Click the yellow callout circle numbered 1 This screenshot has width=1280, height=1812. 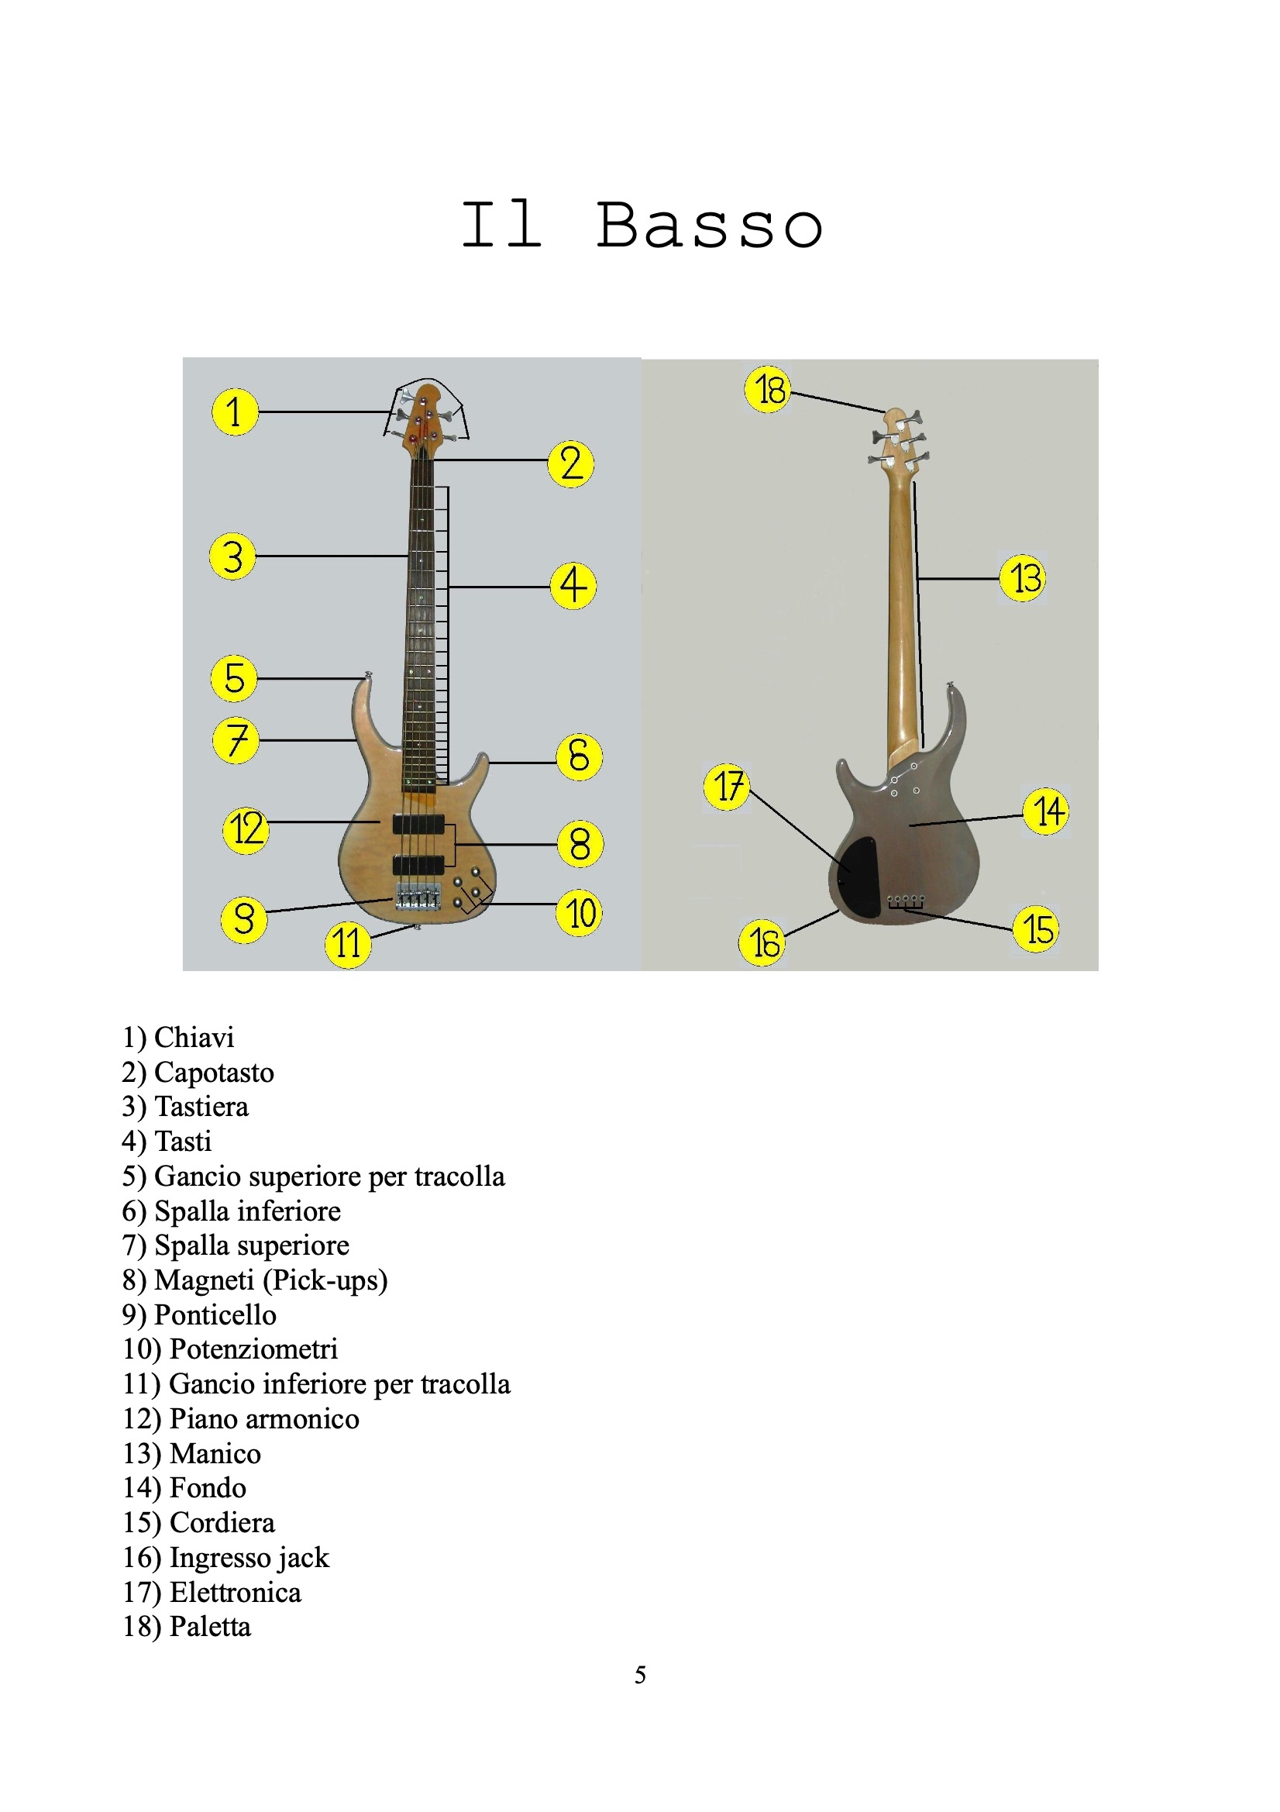click(x=234, y=412)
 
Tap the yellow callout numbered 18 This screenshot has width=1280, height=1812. click(x=768, y=389)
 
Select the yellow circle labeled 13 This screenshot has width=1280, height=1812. click(x=1023, y=577)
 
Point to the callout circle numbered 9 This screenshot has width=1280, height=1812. click(x=244, y=919)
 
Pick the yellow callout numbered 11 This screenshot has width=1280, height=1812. click(x=347, y=944)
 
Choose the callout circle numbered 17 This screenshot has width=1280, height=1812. click(x=726, y=787)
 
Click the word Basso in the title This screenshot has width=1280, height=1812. click(x=710, y=226)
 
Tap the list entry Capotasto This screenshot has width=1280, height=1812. click(x=214, y=1073)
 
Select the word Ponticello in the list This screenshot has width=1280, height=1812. click(x=215, y=1314)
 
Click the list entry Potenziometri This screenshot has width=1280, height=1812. click(x=253, y=1349)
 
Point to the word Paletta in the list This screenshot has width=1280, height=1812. click(x=210, y=1627)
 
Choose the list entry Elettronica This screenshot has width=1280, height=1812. click(x=236, y=1593)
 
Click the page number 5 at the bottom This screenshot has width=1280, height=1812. click(x=640, y=1675)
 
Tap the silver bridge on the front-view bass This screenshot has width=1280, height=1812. click(x=418, y=898)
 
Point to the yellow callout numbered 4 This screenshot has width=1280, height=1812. click(x=573, y=586)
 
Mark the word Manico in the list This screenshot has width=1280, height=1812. click(x=215, y=1454)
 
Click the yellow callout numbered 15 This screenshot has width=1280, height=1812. click(x=1035, y=929)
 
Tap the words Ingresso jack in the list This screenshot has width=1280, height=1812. click(x=249, y=1559)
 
